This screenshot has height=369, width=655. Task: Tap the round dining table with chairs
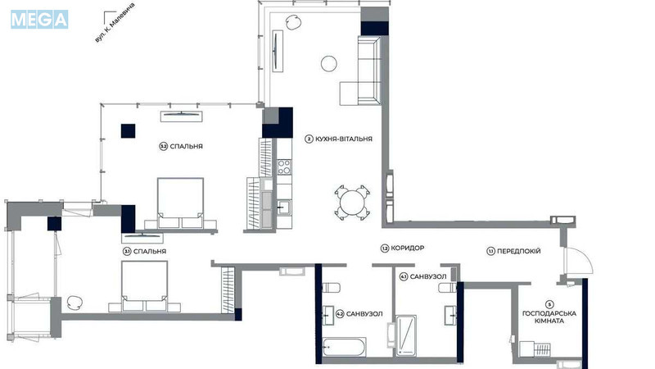point(353,202)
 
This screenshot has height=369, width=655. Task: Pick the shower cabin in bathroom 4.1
point(405,336)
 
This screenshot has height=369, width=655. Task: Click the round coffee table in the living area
point(328,62)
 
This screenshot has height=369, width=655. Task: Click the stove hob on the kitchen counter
point(284,167)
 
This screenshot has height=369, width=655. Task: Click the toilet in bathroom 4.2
point(332,286)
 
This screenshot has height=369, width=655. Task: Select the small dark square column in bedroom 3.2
point(129,129)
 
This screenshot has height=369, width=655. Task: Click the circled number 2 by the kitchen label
point(309,139)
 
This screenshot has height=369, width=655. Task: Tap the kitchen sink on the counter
point(283,205)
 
